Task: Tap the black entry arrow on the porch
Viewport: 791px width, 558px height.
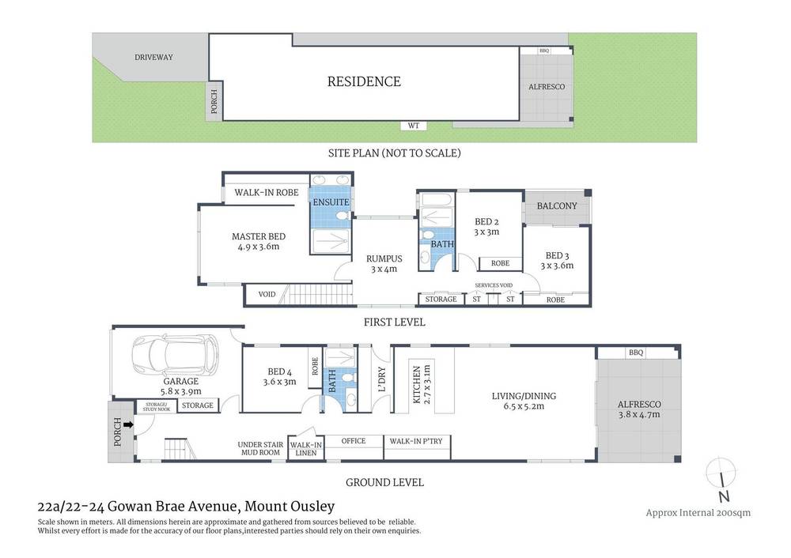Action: pyautogui.click(x=127, y=425)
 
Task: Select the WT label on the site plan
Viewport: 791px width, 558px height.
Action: pyautogui.click(x=413, y=126)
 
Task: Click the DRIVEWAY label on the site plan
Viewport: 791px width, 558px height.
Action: pyautogui.click(x=153, y=57)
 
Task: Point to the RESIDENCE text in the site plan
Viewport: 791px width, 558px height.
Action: pyautogui.click(x=364, y=81)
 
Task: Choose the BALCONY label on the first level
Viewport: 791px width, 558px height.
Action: pyautogui.click(x=557, y=206)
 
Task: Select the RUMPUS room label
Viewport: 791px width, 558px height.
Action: pyautogui.click(x=384, y=258)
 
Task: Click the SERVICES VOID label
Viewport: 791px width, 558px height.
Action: pyautogui.click(x=494, y=285)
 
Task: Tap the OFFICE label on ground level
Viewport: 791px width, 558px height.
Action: pyautogui.click(x=353, y=441)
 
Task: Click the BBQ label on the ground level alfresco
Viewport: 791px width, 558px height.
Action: pyautogui.click(x=634, y=353)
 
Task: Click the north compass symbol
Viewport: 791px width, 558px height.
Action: pyautogui.click(x=721, y=478)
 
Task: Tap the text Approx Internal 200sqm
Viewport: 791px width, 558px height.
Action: pyautogui.click(x=698, y=512)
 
